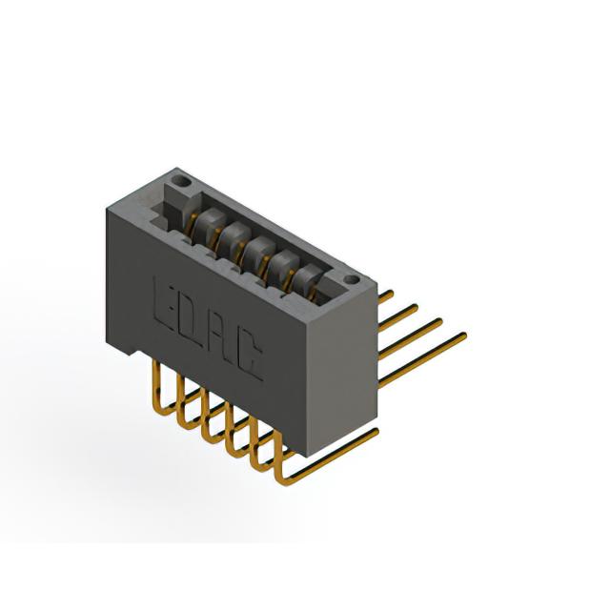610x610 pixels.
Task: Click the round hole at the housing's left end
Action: click(x=182, y=180)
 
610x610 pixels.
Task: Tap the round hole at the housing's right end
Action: click(x=352, y=278)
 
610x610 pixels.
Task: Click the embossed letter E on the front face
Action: click(x=164, y=301)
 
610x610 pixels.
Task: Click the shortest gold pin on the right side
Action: click(x=386, y=296)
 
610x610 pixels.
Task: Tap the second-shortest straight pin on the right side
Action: click(x=398, y=317)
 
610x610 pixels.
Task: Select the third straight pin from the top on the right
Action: click(x=411, y=338)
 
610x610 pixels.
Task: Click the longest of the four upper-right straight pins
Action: click(x=422, y=359)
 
